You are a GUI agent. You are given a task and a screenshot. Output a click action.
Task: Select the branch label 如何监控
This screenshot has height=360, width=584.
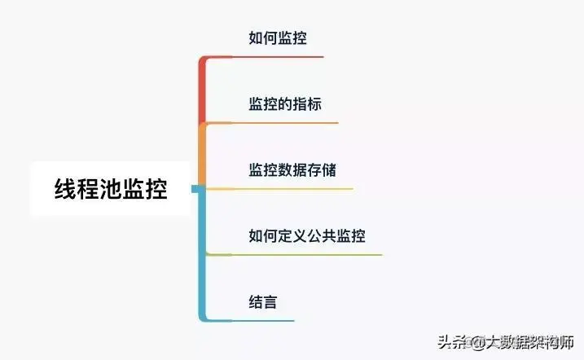point(277,37)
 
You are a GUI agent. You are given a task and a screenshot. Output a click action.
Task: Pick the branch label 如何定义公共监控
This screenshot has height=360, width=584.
point(306,236)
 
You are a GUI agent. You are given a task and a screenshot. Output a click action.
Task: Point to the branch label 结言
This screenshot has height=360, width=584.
point(262,302)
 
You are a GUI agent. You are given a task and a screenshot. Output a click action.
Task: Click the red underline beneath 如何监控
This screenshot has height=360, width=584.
point(277,57)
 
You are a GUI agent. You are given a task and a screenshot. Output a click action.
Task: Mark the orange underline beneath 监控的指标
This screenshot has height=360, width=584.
point(284,123)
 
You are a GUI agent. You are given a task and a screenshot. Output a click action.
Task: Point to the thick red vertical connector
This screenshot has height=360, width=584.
point(202,90)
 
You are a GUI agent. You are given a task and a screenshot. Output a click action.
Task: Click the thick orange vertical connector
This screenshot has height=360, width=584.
point(202,155)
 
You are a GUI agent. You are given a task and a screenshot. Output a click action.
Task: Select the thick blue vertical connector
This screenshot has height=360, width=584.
point(202,252)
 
